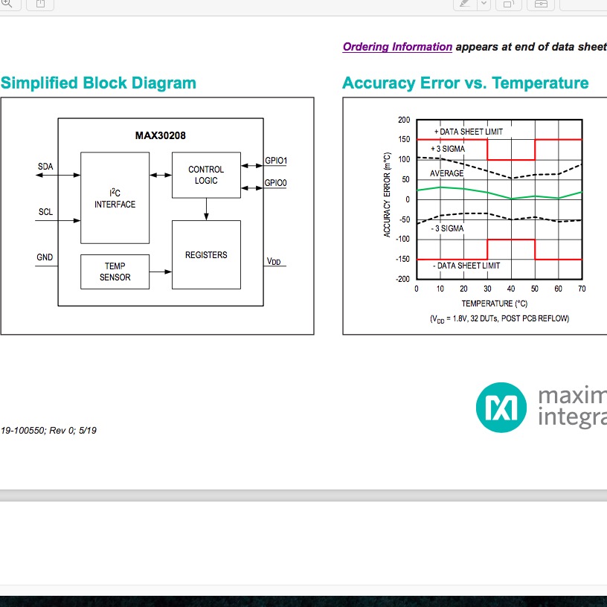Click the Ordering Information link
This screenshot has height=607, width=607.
pos(397,47)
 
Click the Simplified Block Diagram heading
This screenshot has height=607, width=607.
pos(98,83)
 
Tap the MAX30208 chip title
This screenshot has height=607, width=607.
pos(160,135)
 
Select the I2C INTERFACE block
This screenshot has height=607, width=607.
pos(115,198)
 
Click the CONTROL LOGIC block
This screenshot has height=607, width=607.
pos(206,175)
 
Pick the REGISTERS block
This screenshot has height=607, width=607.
pos(206,254)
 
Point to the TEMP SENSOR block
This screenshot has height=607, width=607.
pos(115,272)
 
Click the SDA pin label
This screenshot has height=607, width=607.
pos(45,167)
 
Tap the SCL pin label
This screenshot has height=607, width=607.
pos(45,212)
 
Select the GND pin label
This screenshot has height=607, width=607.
pos(45,257)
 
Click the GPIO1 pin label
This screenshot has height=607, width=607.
pos(276,160)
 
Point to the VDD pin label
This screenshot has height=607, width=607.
pos(274,261)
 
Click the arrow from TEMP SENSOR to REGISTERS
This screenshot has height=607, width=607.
pos(161,272)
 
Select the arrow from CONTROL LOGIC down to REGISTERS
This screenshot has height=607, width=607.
pos(206,209)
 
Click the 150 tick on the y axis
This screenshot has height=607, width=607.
pos(404,139)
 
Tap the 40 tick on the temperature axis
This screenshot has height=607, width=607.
pos(511,289)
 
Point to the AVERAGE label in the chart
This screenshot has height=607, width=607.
pos(447,173)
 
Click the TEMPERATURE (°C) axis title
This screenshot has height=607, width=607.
pos(495,303)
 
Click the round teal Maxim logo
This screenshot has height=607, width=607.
pos(501,407)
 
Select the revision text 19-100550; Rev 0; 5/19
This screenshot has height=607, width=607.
pos(49,431)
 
